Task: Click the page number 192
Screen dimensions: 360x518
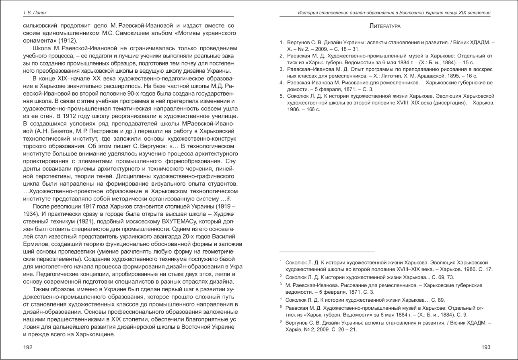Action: point(27,347)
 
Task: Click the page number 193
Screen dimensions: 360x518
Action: point(486,347)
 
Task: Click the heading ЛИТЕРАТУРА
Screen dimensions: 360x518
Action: point(385,26)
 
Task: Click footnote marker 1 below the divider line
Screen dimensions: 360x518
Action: point(281,261)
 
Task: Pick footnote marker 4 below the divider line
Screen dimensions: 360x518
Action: point(281,299)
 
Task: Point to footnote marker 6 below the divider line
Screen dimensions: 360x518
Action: point(281,321)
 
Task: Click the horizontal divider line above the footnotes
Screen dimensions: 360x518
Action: point(327,252)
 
